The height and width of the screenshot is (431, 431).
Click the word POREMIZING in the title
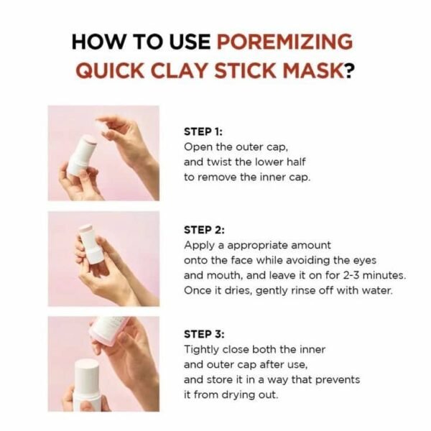[x=285, y=41]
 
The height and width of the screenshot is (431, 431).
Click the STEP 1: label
[x=204, y=131]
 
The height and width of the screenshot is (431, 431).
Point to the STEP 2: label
[x=205, y=230]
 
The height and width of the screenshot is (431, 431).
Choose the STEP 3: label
[x=205, y=334]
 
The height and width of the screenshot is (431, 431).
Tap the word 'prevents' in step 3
[x=337, y=379]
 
